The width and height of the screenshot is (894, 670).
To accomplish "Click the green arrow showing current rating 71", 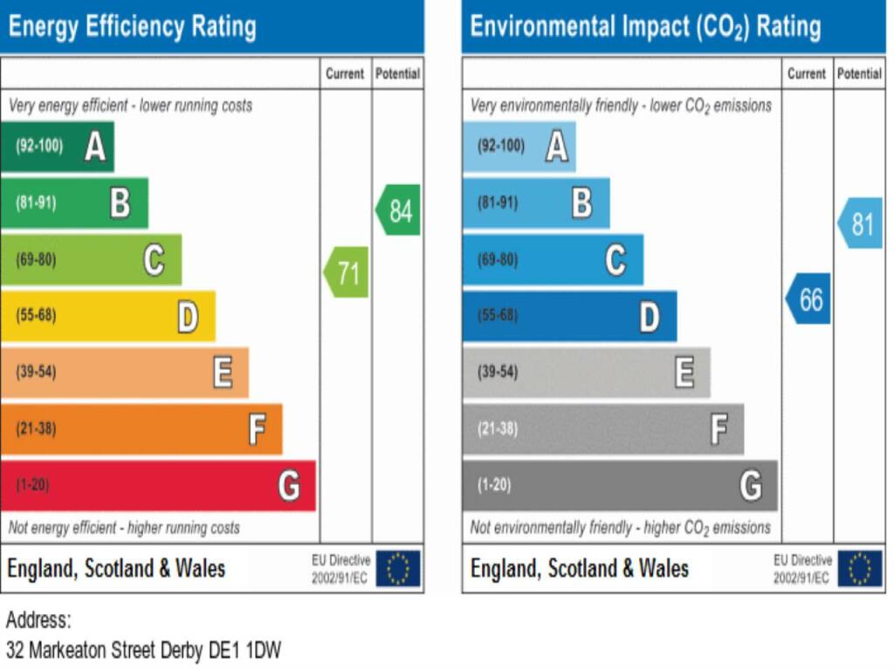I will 347,273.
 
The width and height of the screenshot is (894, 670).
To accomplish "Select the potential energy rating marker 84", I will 398,210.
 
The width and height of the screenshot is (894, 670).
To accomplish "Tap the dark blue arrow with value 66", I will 808,299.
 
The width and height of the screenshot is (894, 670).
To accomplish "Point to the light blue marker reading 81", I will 860,223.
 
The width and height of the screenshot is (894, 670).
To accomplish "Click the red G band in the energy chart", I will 158,485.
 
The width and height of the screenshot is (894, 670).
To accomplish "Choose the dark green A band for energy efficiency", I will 58,147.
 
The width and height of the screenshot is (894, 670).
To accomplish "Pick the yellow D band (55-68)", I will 107,316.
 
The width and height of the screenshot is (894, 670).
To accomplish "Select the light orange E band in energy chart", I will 124,373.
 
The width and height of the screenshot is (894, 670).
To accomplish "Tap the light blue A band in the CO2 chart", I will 519,147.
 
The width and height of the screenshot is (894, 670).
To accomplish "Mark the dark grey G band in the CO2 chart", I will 619,485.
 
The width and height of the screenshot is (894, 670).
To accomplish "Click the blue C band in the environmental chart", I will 553,260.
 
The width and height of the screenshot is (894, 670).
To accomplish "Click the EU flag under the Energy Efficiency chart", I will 398,569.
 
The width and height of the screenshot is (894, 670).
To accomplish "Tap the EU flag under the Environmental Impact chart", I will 859,569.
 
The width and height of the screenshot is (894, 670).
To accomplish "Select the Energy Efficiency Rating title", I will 133,26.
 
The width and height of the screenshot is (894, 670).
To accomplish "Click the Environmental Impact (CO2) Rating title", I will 646,26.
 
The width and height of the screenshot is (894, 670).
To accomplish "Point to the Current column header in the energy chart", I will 345,74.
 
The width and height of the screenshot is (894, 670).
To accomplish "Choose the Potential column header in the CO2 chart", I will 859,74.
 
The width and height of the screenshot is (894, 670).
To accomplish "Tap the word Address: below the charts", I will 38,621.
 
